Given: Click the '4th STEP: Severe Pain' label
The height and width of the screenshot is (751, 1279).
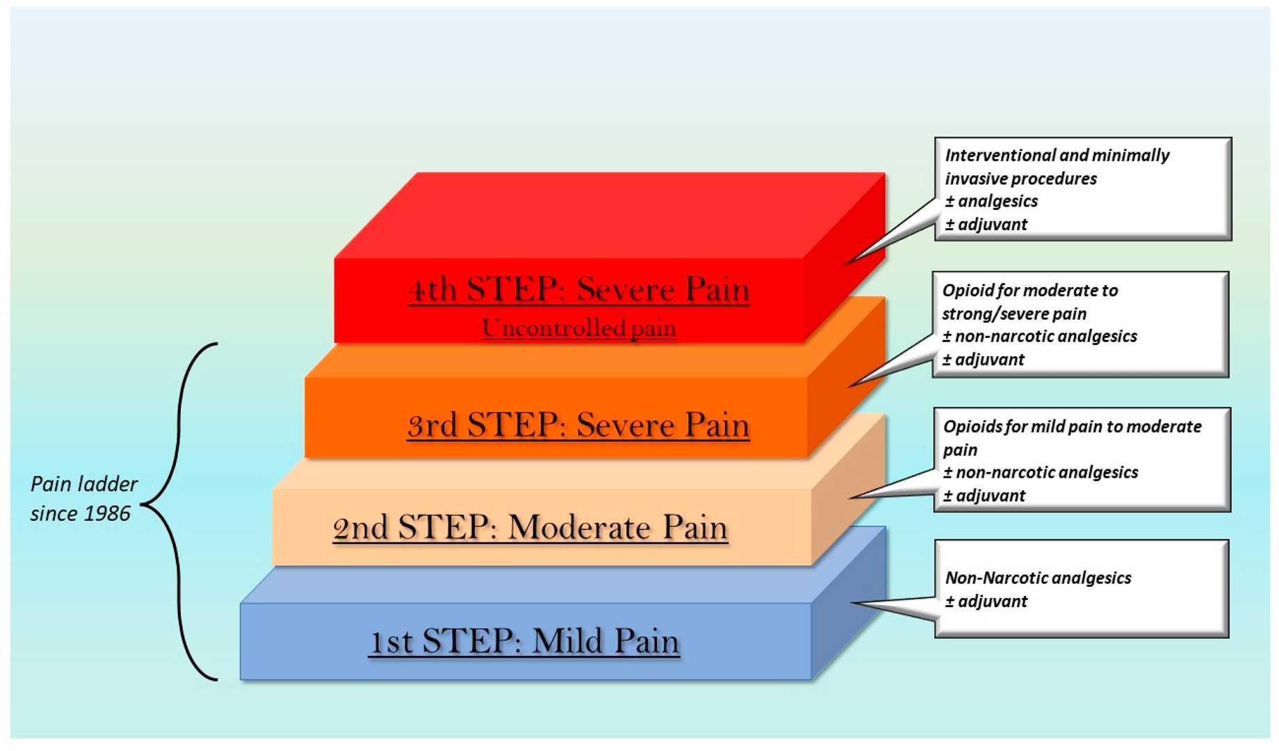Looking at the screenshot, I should click(578, 289).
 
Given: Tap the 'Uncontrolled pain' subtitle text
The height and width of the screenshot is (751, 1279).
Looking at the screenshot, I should click(578, 328).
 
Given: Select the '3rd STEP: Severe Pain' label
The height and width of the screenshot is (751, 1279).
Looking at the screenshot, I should click(578, 425).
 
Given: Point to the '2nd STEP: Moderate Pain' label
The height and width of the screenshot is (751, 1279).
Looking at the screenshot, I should click(530, 527).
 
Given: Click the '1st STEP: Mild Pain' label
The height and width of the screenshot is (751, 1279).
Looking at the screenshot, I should click(524, 641).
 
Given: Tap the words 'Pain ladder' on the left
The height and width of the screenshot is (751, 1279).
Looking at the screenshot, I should click(84, 484).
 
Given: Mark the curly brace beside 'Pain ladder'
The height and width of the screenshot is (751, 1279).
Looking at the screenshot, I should click(179, 511).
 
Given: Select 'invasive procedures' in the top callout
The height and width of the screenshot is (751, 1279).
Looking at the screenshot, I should click(1020, 179).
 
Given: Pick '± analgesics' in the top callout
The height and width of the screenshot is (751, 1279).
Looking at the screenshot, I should click(991, 202).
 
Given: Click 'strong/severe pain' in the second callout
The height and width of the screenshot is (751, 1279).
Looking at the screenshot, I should click(1014, 314).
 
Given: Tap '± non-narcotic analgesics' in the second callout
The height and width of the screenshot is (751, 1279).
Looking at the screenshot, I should click(1040, 337).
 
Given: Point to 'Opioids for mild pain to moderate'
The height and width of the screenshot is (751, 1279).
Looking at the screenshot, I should click(1072, 426).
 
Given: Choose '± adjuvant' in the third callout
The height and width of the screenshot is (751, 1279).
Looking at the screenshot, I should click(984, 496).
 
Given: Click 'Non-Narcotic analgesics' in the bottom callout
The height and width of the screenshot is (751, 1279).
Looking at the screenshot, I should click(1038, 578).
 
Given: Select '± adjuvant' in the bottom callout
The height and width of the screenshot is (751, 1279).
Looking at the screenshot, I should click(986, 601).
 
